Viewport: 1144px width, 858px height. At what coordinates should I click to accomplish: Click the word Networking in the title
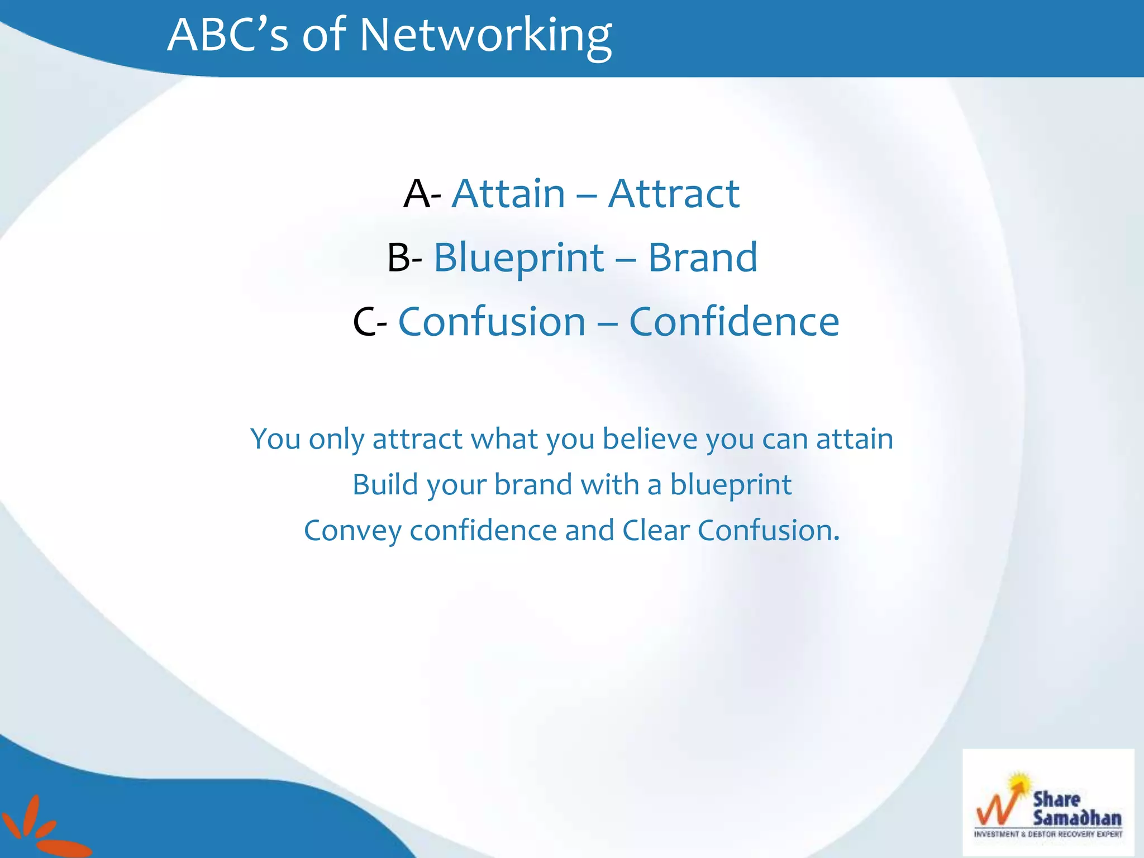pos(485,36)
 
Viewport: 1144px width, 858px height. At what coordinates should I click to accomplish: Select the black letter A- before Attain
pos(422,195)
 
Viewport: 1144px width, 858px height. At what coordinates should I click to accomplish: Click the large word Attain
pos(508,194)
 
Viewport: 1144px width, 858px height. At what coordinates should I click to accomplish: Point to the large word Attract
pos(674,194)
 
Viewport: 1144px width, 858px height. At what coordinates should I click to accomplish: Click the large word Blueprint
pos(519,259)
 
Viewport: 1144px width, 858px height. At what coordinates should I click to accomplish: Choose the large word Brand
pos(703,258)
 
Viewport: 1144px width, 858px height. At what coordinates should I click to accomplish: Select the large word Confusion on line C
pos(492,322)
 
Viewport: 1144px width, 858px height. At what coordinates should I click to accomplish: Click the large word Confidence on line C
pos(734,322)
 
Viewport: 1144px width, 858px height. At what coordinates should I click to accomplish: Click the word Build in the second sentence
pos(385,484)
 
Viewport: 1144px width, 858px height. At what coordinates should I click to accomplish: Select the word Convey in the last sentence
pos(352,531)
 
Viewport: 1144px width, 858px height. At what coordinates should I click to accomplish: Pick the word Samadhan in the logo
pos(1077,818)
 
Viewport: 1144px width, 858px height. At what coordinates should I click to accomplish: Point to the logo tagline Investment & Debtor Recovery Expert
pos(1048,835)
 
